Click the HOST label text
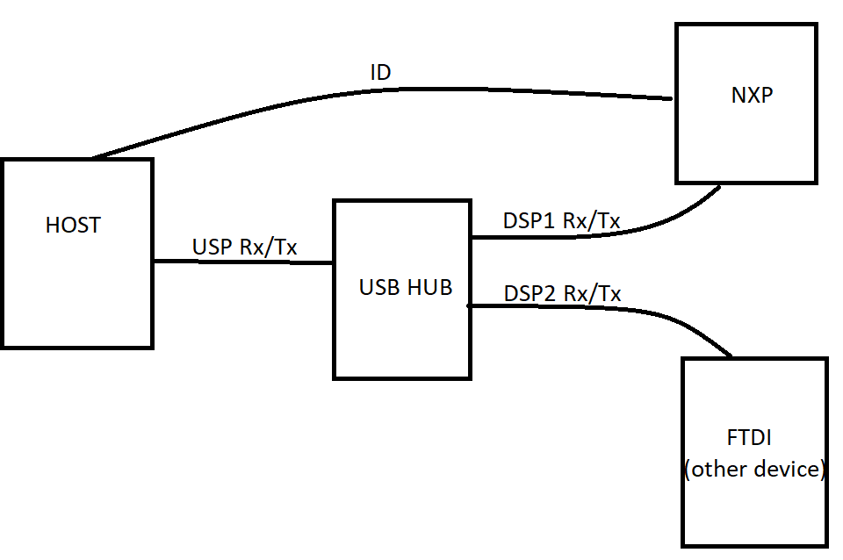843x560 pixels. [x=73, y=226]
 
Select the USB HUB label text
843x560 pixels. [x=406, y=288]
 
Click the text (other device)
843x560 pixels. [x=755, y=470]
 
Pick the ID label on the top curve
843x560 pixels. [x=380, y=73]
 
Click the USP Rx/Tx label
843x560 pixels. [x=245, y=248]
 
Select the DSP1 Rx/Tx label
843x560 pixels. [x=562, y=221]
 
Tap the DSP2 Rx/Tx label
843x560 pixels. [x=562, y=293]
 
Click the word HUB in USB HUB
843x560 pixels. [x=431, y=288]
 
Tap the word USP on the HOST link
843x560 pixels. [x=213, y=248]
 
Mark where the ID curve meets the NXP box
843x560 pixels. [x=673, y=99]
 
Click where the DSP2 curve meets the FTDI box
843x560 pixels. [x=731, y=355]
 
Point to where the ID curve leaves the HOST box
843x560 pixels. [x=93, y=158]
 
